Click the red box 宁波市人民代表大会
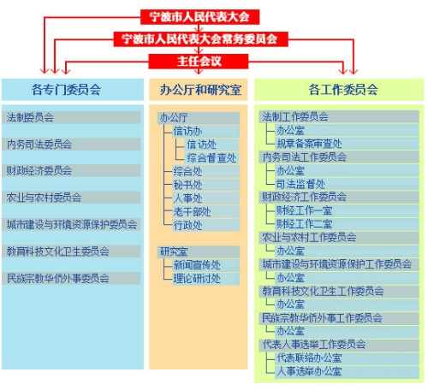(x=199, y=17)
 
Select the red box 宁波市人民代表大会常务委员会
(x=200, y=38)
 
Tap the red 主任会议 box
(x=199, y=61)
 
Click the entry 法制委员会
(x=71, y=117)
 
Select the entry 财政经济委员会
(x=71, y=170)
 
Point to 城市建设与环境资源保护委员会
(x=71, y=224)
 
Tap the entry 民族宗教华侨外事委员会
(x=71, y=278)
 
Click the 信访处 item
(x=212, y=145)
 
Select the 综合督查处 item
(x=212, y=157)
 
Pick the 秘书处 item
(x=205, y=185)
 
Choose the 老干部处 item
(x=205, y=212)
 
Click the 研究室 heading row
(x=199, y=251)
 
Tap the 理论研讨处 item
(x=205, y=279)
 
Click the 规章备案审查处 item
(x=347, y=144)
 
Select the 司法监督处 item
(x=347, y=184)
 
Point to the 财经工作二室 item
(x=347, y=224)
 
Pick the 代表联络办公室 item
(x=347, y=357)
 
